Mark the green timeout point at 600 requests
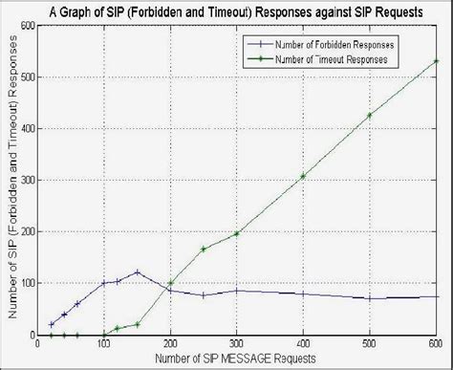pyautogui.click(x=436, y=61)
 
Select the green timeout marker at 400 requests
pyautogui.click(x=303, y=176)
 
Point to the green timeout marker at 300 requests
pyautogui.click(x=237, y=233)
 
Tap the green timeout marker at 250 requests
pyautogui.click(x=204, y=249)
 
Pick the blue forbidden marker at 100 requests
pyautogui.click(x=104, y=283)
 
